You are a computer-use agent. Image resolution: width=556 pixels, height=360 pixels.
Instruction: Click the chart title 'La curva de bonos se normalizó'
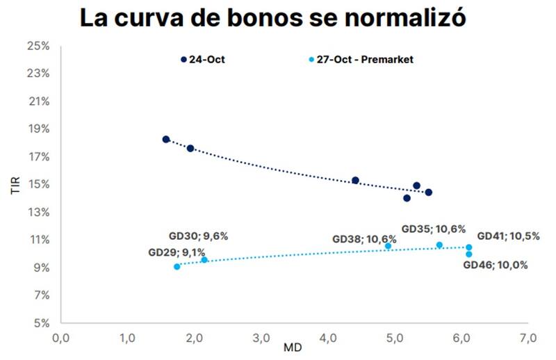point(272,18)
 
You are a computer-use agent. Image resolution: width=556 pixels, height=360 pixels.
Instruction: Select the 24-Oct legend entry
point(203,60)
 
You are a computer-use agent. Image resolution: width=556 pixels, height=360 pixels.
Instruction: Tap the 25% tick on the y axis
point(38,46)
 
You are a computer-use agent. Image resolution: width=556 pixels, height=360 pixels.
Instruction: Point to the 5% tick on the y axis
point(40,323)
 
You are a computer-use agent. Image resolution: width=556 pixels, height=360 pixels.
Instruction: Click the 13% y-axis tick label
point(38,212)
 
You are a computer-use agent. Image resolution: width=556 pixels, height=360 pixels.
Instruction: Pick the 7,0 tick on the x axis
point(528,338)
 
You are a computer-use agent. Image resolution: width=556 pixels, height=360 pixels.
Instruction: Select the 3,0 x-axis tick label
point(261,338)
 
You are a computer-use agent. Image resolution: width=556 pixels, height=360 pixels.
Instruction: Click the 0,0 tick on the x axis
point(60,338)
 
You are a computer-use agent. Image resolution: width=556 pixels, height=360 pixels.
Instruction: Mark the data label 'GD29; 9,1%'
point(177,253)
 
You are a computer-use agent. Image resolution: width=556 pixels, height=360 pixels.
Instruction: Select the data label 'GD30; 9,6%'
point(198,236)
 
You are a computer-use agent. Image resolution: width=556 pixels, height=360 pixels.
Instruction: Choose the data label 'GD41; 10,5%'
point(508,236)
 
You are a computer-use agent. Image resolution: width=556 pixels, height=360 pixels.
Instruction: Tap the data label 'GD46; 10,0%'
point(496,265)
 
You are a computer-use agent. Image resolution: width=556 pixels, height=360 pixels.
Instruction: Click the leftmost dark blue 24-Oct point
point(166,139)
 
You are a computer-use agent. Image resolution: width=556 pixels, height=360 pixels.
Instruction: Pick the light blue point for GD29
point(177,266)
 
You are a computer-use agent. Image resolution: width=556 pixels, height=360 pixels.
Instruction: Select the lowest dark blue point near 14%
point(407,198)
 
